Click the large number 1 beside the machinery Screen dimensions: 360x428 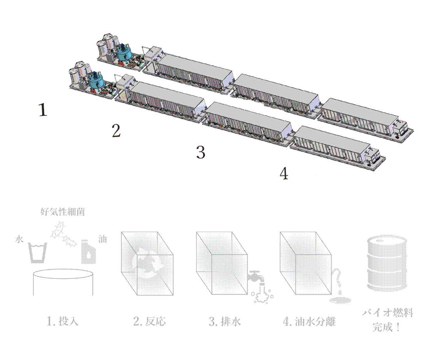coord(43,110)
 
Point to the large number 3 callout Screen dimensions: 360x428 coord(200,152)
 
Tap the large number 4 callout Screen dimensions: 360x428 coord(284,173)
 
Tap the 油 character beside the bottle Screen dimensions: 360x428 coord(102,239)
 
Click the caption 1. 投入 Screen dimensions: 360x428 coord(62,322)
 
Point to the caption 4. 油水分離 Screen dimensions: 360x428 coord(309,322)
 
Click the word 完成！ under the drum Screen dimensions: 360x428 coord(386,327)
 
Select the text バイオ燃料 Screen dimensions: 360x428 coord(387,313)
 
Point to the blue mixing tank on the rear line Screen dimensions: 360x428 coord(125,53)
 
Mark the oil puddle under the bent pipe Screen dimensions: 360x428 coord(340,300)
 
